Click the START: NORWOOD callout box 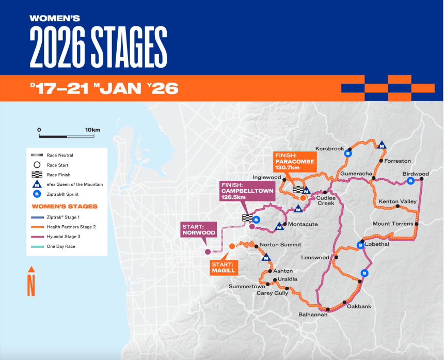coord(198,229)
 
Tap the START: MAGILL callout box coord(223,267)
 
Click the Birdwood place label coord(416,174)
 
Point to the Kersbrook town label coord(329,149)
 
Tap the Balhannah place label coord(313,314)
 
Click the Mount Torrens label coord(393,224)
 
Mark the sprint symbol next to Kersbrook coord(348,153)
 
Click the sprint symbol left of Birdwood coord(410,181)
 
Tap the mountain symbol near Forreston coord(382,145)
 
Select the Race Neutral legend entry coord(60,155)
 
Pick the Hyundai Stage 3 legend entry coord(67,236)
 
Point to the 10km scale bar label coord(92,129)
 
